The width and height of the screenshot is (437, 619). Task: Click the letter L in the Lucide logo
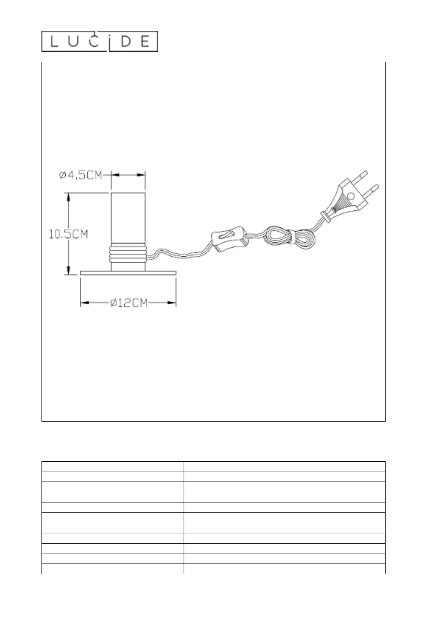click(x=54, y=42)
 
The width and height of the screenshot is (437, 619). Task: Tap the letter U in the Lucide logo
click(x=74, y=42)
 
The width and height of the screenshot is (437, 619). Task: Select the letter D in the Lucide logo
click(x=126, y=42)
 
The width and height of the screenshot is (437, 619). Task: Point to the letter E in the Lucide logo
click(x=145, y=42)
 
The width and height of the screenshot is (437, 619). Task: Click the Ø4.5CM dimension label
click(x=81, y=175)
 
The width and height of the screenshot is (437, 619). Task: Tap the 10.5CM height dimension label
click(x=68, y=235)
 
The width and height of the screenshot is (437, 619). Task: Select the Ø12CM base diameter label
click(x=129, y=303)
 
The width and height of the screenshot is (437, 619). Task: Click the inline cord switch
click(x=229, y=239)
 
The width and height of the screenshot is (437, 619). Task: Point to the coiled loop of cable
click(x=289, y=238)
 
